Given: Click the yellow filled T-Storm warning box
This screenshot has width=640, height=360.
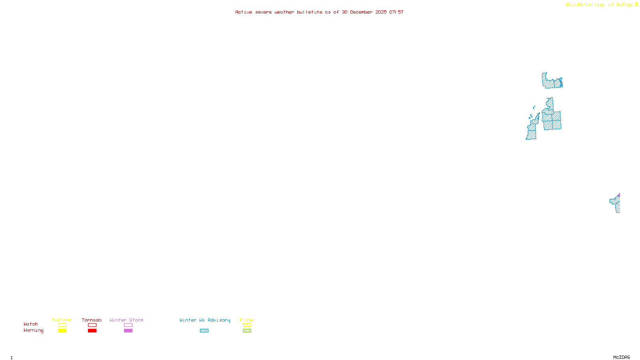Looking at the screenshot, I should pyautogui.click(x=62, y=331).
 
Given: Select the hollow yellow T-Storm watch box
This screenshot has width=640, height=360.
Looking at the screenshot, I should pyautogui.click(x=62, y=325).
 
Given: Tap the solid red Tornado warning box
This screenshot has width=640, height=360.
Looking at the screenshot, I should pyautogui.click(x=92, y=331).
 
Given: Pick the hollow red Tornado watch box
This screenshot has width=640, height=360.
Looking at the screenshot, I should pyautogui.click(x=92, y=325).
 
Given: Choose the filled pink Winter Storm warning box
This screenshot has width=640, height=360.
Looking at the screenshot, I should pyautogui.click(x=128, y=331).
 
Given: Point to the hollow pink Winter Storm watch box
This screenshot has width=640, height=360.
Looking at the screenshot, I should pyautogui.click(x=128, y=325).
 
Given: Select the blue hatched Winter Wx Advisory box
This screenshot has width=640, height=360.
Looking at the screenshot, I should pyautogui.click(x=204, y=331).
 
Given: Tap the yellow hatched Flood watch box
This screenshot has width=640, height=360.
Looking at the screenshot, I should pyautogui.click(x=247, y=325).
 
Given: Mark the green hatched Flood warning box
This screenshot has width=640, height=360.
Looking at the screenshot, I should pyautogui.click(x=247, y=331).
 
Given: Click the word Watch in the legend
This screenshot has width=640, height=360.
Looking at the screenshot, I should pyautogui.click(x=31, y=324).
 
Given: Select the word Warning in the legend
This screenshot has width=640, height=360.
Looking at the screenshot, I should pyautogui.click(x=33, y=330).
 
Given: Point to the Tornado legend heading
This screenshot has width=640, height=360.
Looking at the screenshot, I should pyautogui.click(x=92, y=320).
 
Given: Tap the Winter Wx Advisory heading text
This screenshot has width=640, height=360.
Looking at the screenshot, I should pyautogui.click(x=205, y=320).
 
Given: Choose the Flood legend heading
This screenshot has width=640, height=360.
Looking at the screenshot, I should pyautogui.click(x=247, y=320).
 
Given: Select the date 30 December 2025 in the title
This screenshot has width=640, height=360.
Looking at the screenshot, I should pyautogui.click(x=364, y=12).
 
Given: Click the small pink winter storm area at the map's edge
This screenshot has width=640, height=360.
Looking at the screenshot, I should pyautogui.click(x=619, y=195).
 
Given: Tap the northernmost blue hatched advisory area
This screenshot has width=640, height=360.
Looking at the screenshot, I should pyautogui.click(x=551, y=82).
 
